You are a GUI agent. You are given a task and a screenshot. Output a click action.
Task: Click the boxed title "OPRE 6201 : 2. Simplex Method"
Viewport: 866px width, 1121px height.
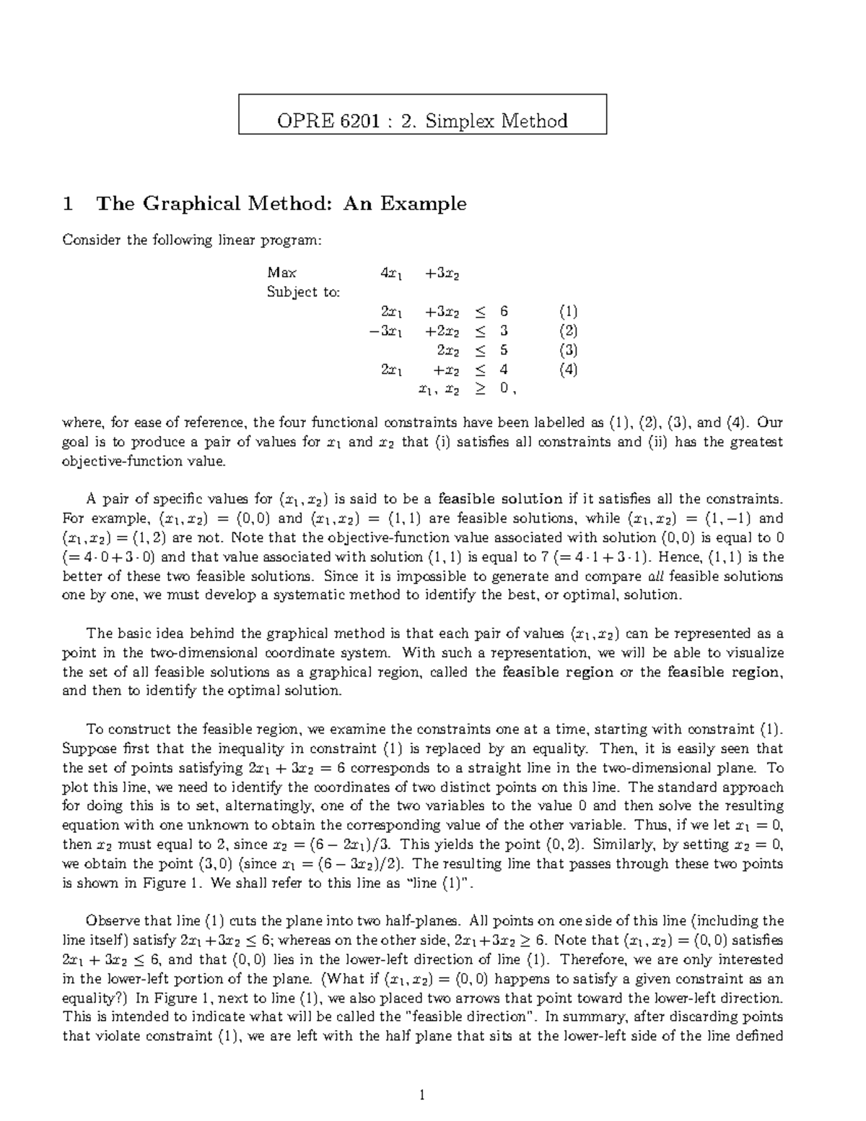click(x=422, y=120)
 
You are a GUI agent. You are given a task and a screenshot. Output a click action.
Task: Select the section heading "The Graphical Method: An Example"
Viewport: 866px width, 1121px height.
click(x=281, y=204)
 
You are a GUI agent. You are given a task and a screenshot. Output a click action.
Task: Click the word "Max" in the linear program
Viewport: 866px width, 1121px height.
click(x=281, y=273)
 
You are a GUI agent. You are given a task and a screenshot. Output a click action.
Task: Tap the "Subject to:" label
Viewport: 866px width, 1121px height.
click(x=303, y=292)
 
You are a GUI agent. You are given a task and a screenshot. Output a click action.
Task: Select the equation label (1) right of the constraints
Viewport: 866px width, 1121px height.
click(x=568, y=312)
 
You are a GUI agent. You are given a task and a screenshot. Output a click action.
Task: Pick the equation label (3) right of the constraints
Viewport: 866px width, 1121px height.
click(x=568, y=351)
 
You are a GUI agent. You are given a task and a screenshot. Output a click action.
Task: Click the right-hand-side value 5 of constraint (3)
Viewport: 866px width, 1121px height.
click(x=504, y=351)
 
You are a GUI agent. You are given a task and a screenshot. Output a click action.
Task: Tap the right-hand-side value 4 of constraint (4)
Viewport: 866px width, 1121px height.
click(x=504, y=370)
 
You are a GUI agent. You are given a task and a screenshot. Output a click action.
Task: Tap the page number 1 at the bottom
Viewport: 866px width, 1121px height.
click(x=423, y=1096)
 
